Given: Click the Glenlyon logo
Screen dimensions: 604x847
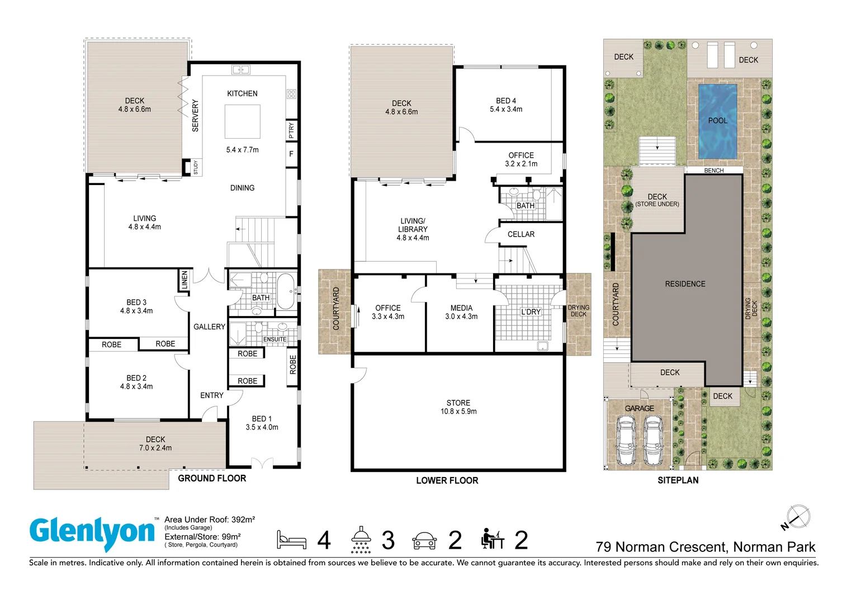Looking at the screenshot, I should pos(92,533).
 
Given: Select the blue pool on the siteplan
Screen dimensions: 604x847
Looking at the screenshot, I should pos(717,121).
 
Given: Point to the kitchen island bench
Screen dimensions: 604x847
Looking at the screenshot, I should pos(242,121).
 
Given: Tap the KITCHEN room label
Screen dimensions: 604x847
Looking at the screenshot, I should pos(242,93).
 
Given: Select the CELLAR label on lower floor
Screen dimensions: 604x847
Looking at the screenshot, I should pos(520,234).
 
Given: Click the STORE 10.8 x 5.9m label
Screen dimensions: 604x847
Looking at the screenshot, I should pos(458,407).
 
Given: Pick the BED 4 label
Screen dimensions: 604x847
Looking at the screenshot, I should pos(506,105).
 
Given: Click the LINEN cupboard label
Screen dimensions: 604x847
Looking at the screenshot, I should pos(184,280).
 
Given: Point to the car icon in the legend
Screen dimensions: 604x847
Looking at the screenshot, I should pos(424,540).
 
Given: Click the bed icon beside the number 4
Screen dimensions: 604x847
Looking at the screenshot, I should pos(291,540).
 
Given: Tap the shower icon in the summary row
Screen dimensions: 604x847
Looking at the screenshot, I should pos(361,539).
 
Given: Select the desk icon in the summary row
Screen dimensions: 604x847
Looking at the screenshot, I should pos(492,539).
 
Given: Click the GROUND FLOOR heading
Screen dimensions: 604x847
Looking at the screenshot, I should pos(212,478).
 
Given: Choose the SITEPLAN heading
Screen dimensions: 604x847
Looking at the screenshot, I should pos(678,480).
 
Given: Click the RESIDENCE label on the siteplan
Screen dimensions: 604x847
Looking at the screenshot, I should pos(685,284).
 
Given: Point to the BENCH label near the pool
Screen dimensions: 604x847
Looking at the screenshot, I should pos(713,171).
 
